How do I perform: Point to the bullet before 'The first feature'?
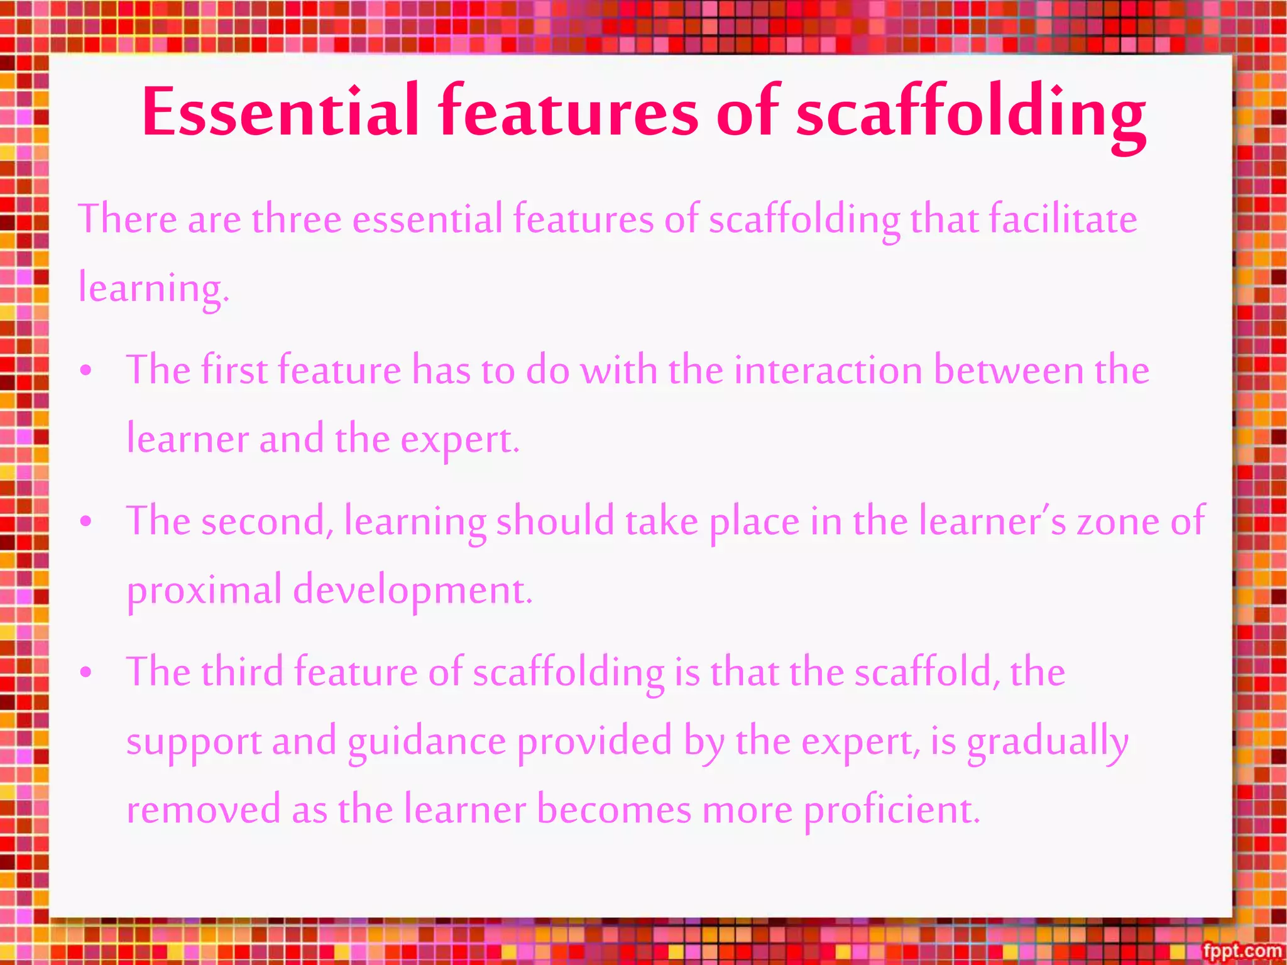point(86,371)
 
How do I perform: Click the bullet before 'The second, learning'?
point(86,521)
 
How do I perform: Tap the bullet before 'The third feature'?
point(86,672)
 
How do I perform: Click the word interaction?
point(828,370)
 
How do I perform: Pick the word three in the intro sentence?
point(297,219)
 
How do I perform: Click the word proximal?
point(204,591)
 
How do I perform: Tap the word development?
point(412,591)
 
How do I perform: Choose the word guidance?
point(427,742)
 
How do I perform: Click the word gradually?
point(1048,742)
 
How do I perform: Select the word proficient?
point(892,810)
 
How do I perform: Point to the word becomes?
point(614,810)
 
